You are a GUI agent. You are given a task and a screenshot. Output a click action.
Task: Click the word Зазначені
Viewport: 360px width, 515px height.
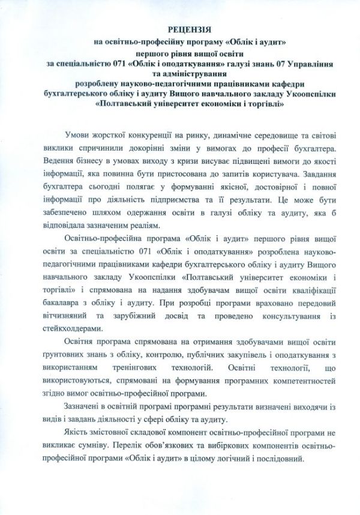82,408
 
